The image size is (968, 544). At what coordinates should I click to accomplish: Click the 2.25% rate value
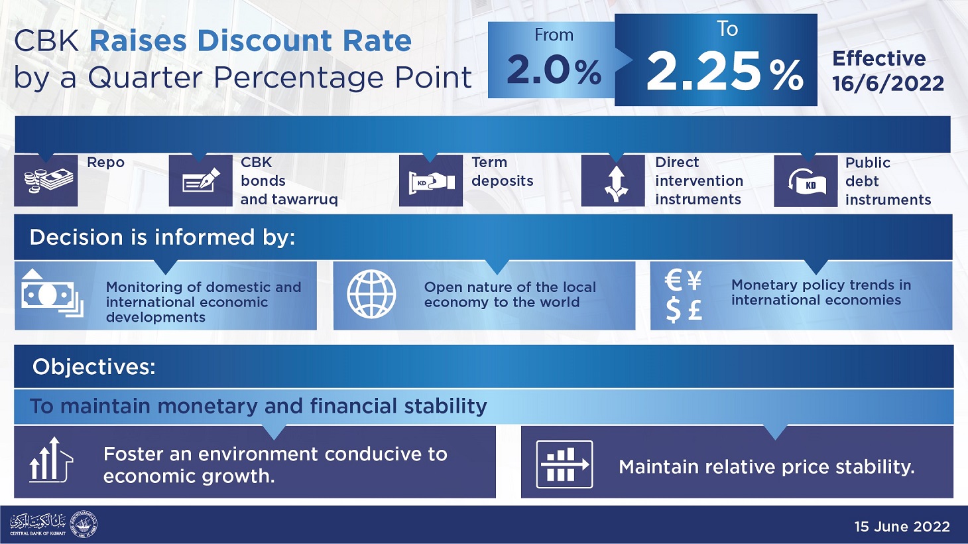pyautogui.click(x=724, y=72)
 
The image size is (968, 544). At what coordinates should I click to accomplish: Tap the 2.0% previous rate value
pyautogui.click(x=554, y=71)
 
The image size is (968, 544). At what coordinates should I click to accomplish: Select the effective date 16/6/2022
pyautogui.click(x=888, y=84)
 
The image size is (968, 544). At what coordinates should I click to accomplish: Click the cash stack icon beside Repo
pyautogui.click(x=46, y=180)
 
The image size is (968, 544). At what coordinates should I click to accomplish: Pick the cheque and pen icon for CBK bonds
pyautogui.click(x=200, y=180)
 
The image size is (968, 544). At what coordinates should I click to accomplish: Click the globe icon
pyautogui.click(x=371, y=294)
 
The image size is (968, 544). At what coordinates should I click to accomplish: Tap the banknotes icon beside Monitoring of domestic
pyautogui.click(x=51, y=293)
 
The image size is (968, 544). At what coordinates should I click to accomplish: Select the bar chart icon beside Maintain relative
pyautogui.click(x=564, y=464)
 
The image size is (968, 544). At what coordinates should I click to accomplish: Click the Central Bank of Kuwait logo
pyautogui.click(x=54, y=525)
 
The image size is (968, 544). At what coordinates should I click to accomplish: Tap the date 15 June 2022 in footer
pyautogui.click(x=902, y=527)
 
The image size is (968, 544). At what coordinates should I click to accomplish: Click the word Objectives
pyautogui.click(x=93, y=367)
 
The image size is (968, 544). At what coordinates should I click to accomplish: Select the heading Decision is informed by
pyautogui.click(x=162, y=238)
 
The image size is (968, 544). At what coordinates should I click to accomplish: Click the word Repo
pyautogui.click(x=105, y=163)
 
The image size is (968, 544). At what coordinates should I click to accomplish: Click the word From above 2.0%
pyautogui.click(x=554, y=35)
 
